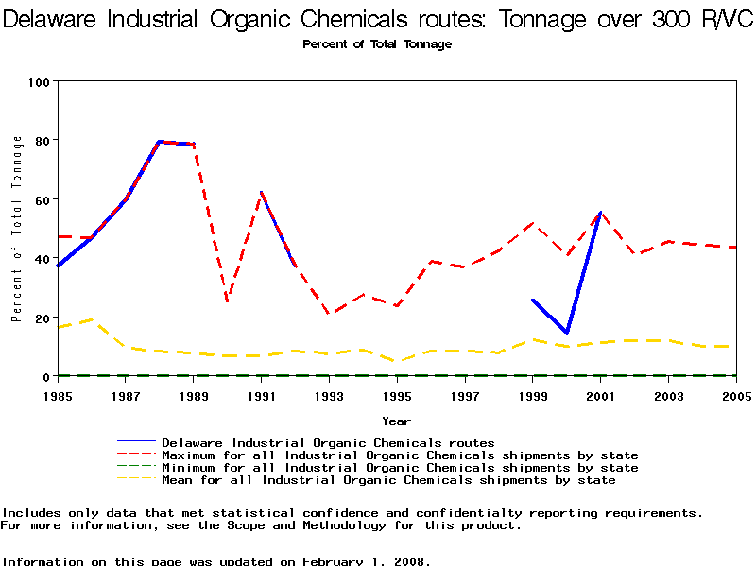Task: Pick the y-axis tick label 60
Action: [x=42, y=199]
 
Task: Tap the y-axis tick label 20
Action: [x=42, y=318]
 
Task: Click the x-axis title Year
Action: [x=396, y=421]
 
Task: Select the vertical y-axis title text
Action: [x=16, y=229]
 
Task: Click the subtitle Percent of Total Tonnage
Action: [x=377, y=44]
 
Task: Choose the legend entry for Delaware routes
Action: [x=328, y=442]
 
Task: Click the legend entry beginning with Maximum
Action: [x=400, y=455]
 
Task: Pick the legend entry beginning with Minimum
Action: [x=400, y=468]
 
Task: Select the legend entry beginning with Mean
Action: [x=388, y=480]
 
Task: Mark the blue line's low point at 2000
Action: [x=567, y=333]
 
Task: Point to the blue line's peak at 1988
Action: [x=160, y=142]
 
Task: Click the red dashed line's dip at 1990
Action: [x=228, y=301]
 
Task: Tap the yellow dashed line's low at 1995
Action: [x=397, y=361]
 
